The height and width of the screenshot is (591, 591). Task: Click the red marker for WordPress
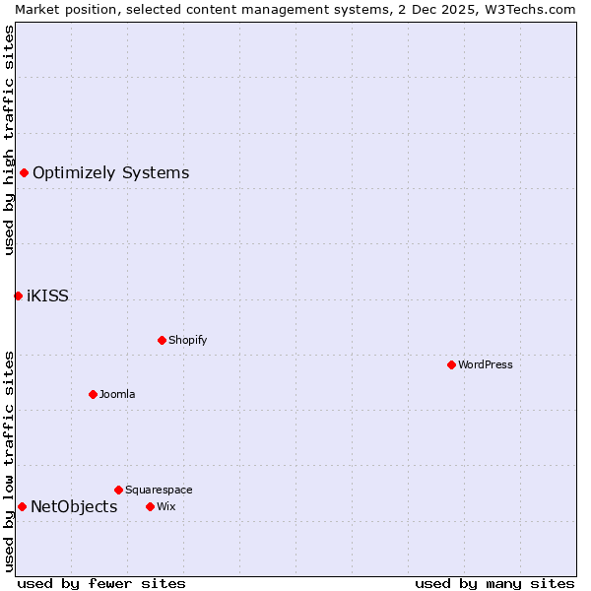tap(451, 364)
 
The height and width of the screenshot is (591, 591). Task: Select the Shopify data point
tap(162, 340)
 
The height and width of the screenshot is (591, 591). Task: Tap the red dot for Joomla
tap(93, 394)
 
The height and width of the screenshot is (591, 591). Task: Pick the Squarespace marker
tap(118, 490)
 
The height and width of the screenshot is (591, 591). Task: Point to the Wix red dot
tap(150, 506)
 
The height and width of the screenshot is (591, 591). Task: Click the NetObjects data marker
tap(22, 506)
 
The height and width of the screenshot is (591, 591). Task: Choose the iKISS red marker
tap(18, 295)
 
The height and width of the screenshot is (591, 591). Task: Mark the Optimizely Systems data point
tap(24, 173)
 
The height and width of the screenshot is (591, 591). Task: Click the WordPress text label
tap(486, 364)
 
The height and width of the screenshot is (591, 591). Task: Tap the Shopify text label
tap(188, 340)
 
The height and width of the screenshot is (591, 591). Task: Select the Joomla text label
tap(117, 394)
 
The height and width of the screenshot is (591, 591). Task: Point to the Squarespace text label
tap(159, 490)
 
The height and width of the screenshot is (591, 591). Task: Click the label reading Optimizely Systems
tap(110, 173)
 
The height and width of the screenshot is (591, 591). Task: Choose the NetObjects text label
tap(74, 507)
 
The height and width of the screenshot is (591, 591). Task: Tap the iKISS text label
tap(47, 295)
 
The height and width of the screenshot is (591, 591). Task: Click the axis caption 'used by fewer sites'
tap(101, 583)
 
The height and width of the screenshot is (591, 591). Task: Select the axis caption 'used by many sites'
tap(494, 583)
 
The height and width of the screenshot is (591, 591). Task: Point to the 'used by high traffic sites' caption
tap(9, 140)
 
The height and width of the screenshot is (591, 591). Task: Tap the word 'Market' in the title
tap(36, 9)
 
